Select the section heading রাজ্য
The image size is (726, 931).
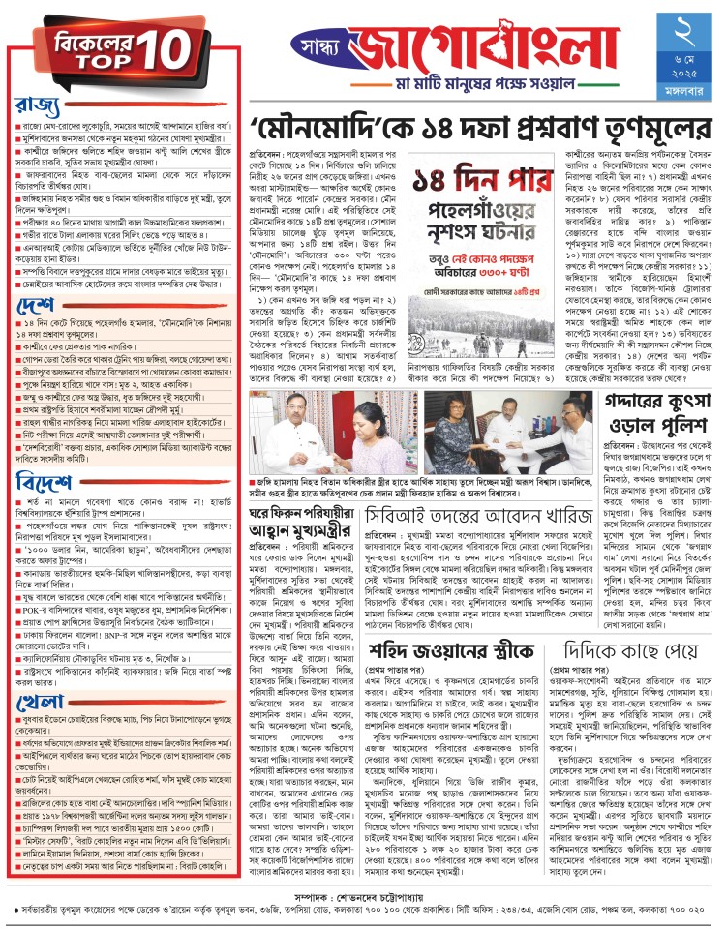coord(39,104)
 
